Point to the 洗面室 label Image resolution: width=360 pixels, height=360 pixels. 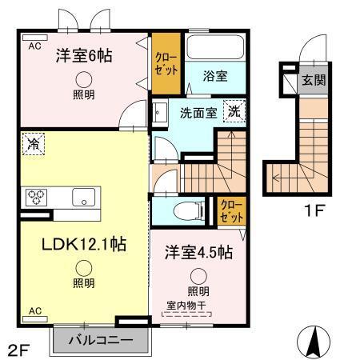194,113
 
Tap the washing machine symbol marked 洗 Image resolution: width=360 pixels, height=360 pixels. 234,111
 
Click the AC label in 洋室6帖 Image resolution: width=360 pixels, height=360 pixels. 34,46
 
